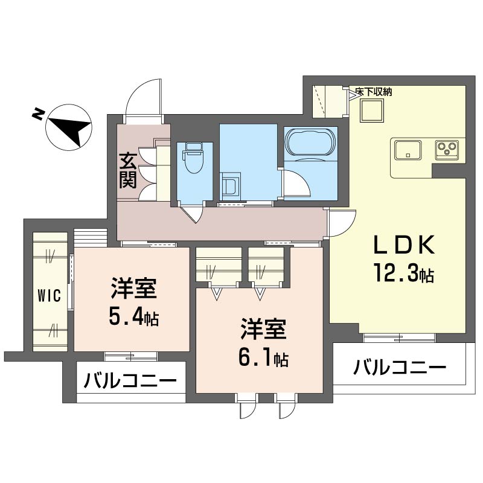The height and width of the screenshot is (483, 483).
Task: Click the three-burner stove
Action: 447,150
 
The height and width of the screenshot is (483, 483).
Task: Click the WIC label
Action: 50,296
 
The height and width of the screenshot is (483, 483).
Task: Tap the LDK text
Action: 404,245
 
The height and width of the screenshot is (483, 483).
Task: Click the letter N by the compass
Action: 37,114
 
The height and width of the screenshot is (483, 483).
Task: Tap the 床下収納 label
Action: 373,92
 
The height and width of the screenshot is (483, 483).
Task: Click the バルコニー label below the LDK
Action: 400,368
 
